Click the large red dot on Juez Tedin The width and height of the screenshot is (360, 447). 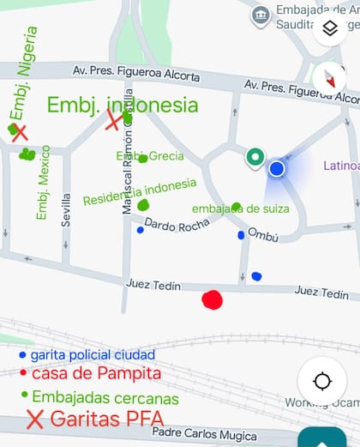211,299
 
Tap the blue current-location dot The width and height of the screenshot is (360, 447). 276,169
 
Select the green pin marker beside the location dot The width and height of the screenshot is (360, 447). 254,158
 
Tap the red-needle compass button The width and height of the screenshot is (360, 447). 330,79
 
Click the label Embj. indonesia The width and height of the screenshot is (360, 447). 122,106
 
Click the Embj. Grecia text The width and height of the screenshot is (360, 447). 150,156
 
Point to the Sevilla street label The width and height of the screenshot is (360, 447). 66,209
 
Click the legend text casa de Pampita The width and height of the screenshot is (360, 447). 96,374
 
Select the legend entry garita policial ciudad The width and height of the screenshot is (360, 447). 93,354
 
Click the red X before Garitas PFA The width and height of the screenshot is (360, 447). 35,420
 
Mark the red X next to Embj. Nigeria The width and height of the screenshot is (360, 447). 19,132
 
